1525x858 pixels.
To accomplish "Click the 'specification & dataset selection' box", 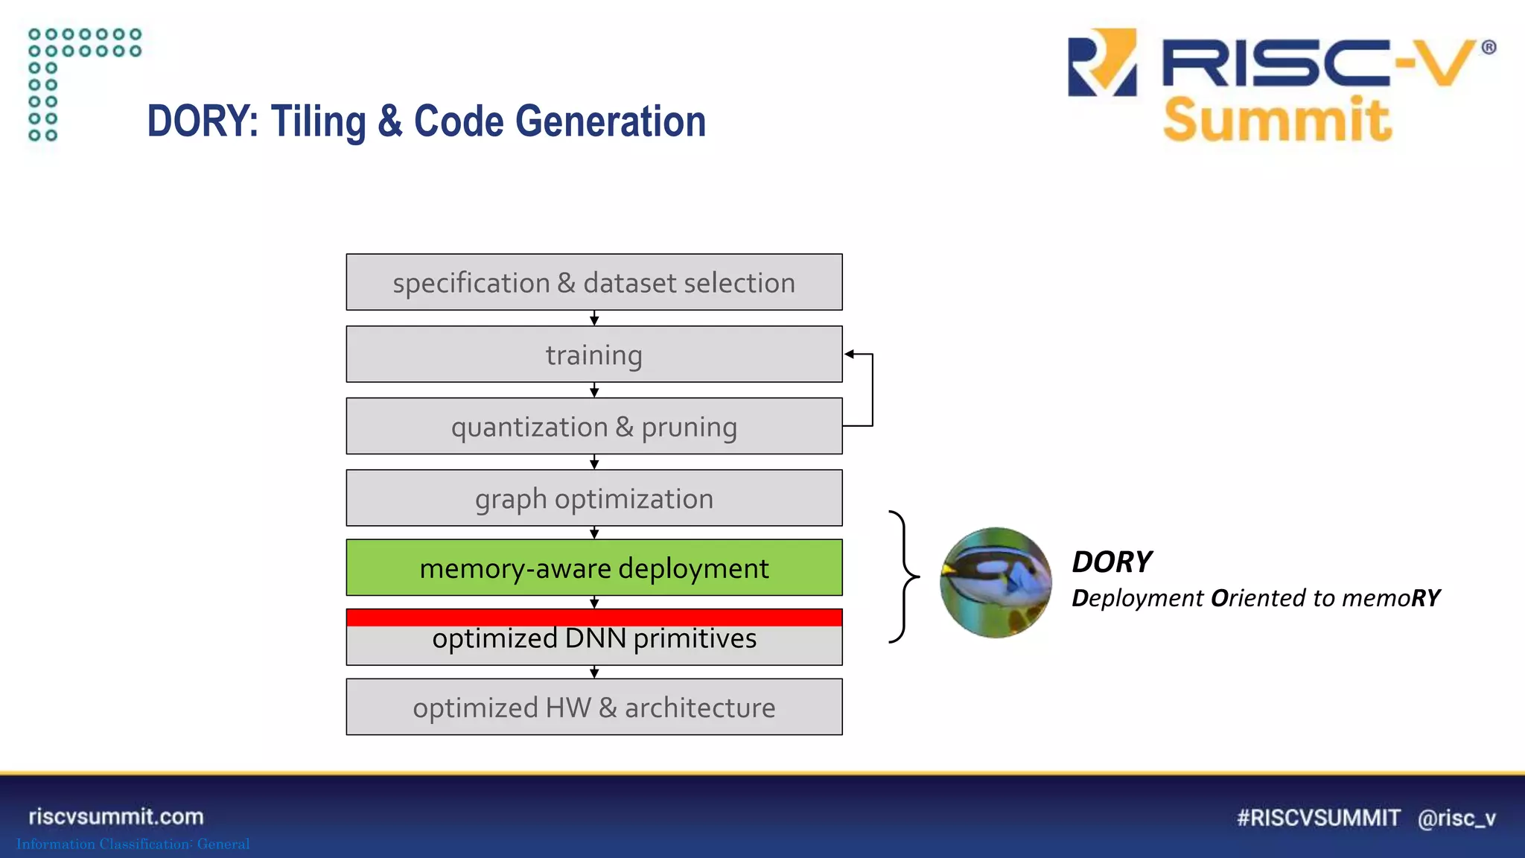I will (593, 282).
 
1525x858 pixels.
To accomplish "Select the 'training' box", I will (593, 355).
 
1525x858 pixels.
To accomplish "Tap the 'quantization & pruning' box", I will (593, 427).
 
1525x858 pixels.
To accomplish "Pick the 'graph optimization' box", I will (593, 498).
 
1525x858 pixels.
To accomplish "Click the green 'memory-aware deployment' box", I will (593, 568).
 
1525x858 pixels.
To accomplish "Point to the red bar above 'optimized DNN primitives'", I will (593, 617).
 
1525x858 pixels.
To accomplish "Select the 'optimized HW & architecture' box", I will (593, 707).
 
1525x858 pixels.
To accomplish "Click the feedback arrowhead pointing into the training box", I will (850, 355).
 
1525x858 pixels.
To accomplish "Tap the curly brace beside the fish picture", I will (904, 576).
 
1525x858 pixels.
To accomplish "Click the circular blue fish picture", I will (996, 582).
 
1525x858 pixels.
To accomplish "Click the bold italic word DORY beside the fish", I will (1111, 562).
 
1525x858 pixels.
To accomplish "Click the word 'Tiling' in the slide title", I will (318, 121).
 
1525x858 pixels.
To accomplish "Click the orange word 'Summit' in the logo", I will (1276, 120).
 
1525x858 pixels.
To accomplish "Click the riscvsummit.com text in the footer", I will (116, 816).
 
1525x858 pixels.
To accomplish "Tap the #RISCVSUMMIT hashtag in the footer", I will (1318, 818).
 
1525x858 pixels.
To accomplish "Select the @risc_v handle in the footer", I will (1456, 819).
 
